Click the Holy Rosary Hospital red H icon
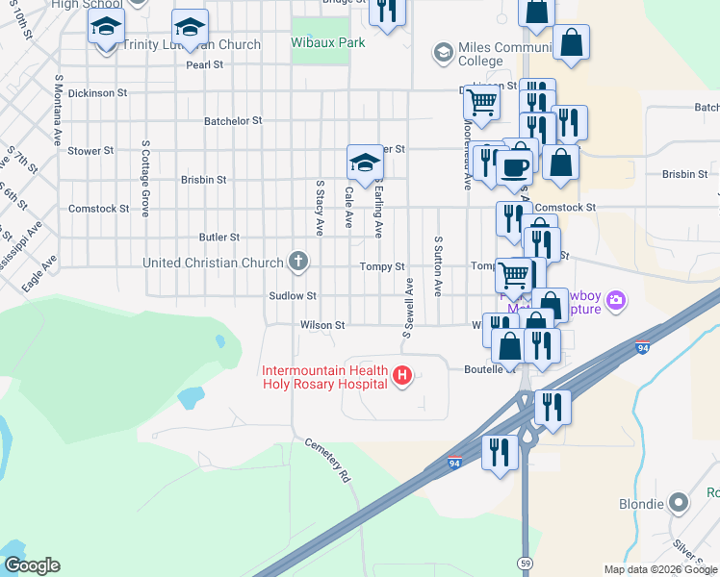click(x=403, y=374)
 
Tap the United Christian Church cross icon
click(x=298, y=261)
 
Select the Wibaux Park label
click(x=321, y=43)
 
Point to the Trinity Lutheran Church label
click(x=193, y=44)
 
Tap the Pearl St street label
click(x=204, y=64)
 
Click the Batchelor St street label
click(x=233, y=121)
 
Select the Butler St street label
click(x=219, y=237)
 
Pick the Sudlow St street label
click(x=293, y=296)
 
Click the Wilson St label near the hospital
click(x=321, y=325)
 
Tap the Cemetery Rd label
click(x=327, y=461)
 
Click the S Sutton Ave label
click(x=438, y=265)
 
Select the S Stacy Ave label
click(x=320, y=206)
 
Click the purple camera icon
click(x=616, y=301)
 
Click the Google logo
click(x=32, y=565)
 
